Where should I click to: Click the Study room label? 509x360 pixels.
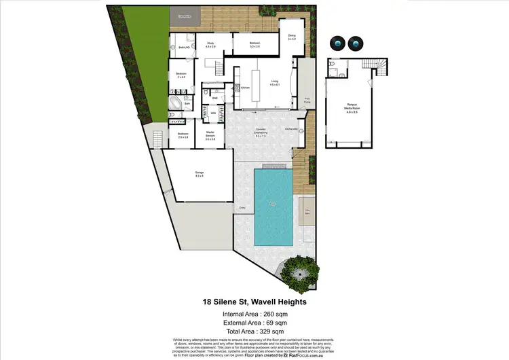click(x=210, y=45)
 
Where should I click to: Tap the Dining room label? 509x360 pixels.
click(x=290, y=37)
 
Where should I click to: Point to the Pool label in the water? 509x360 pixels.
click(x=273, y=203)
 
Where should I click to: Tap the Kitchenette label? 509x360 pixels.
click(x=292, y=128)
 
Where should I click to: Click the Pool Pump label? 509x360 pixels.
click(x=306, y=99)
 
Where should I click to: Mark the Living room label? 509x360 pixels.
click(x=275, y=84)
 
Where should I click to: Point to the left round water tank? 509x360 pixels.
click(x=337, y=43)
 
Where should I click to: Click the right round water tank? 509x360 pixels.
click(x=355, y=43)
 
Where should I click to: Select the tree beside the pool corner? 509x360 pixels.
click(x=299, y=270)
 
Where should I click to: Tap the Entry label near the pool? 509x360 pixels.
click(x=242, y=208)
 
